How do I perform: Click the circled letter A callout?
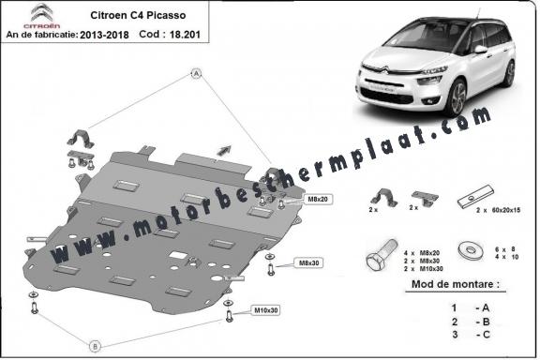click(197, 72)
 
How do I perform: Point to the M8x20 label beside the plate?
click(317, 200)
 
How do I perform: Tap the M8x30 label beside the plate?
click(307, 262)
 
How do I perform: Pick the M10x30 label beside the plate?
click(266, 309)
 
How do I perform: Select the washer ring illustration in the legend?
click(466, 251)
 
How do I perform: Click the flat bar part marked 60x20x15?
click(469, 199)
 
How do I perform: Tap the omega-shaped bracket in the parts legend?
click(382, 197)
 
